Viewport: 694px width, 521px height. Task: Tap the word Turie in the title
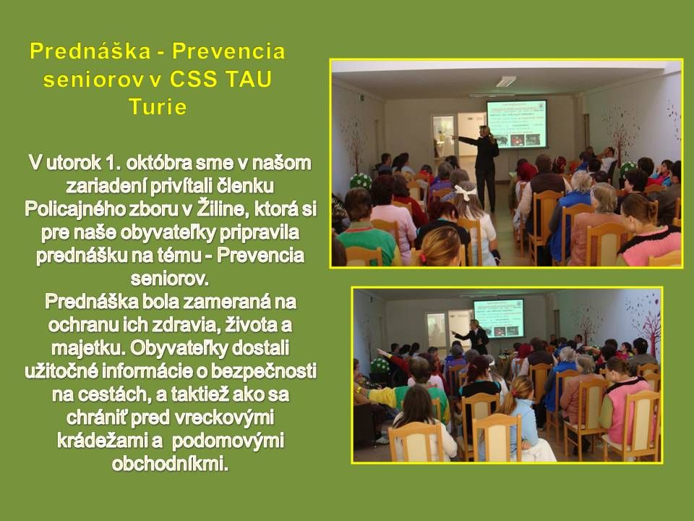158,107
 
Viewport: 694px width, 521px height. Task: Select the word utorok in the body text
77,159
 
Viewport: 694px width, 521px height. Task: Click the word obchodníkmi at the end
171,463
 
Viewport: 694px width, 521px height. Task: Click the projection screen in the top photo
516,124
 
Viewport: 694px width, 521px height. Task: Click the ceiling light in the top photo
505,81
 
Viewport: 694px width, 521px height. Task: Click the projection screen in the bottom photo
499,319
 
